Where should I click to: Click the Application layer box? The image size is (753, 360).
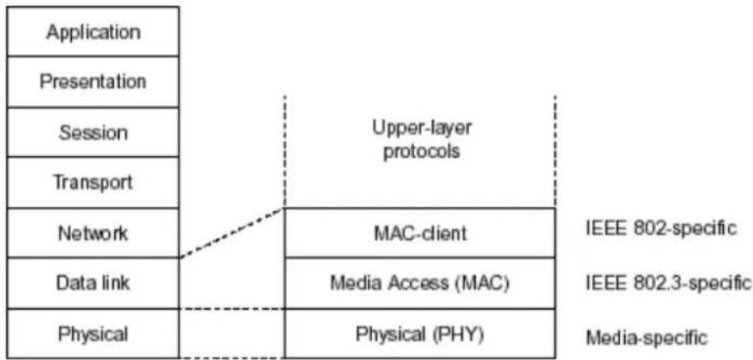pos(93,32)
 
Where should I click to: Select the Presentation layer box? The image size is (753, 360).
pos(93,82)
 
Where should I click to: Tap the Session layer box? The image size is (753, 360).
pos(93,132)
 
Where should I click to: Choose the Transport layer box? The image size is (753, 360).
pos(93,183)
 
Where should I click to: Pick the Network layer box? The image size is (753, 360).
pos(93,233)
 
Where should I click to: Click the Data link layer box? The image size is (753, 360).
pos(93,283)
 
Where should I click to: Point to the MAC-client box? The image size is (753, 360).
pos(420,233)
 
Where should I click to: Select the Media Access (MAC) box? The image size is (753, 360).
pos(420,283)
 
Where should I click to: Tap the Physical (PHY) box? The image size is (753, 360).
pos(420,333)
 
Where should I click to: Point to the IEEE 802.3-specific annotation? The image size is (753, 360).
pos(668,284)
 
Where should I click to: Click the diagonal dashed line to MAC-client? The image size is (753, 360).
pos(232,233)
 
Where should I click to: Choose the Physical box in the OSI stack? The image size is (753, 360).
pos(93,333)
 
